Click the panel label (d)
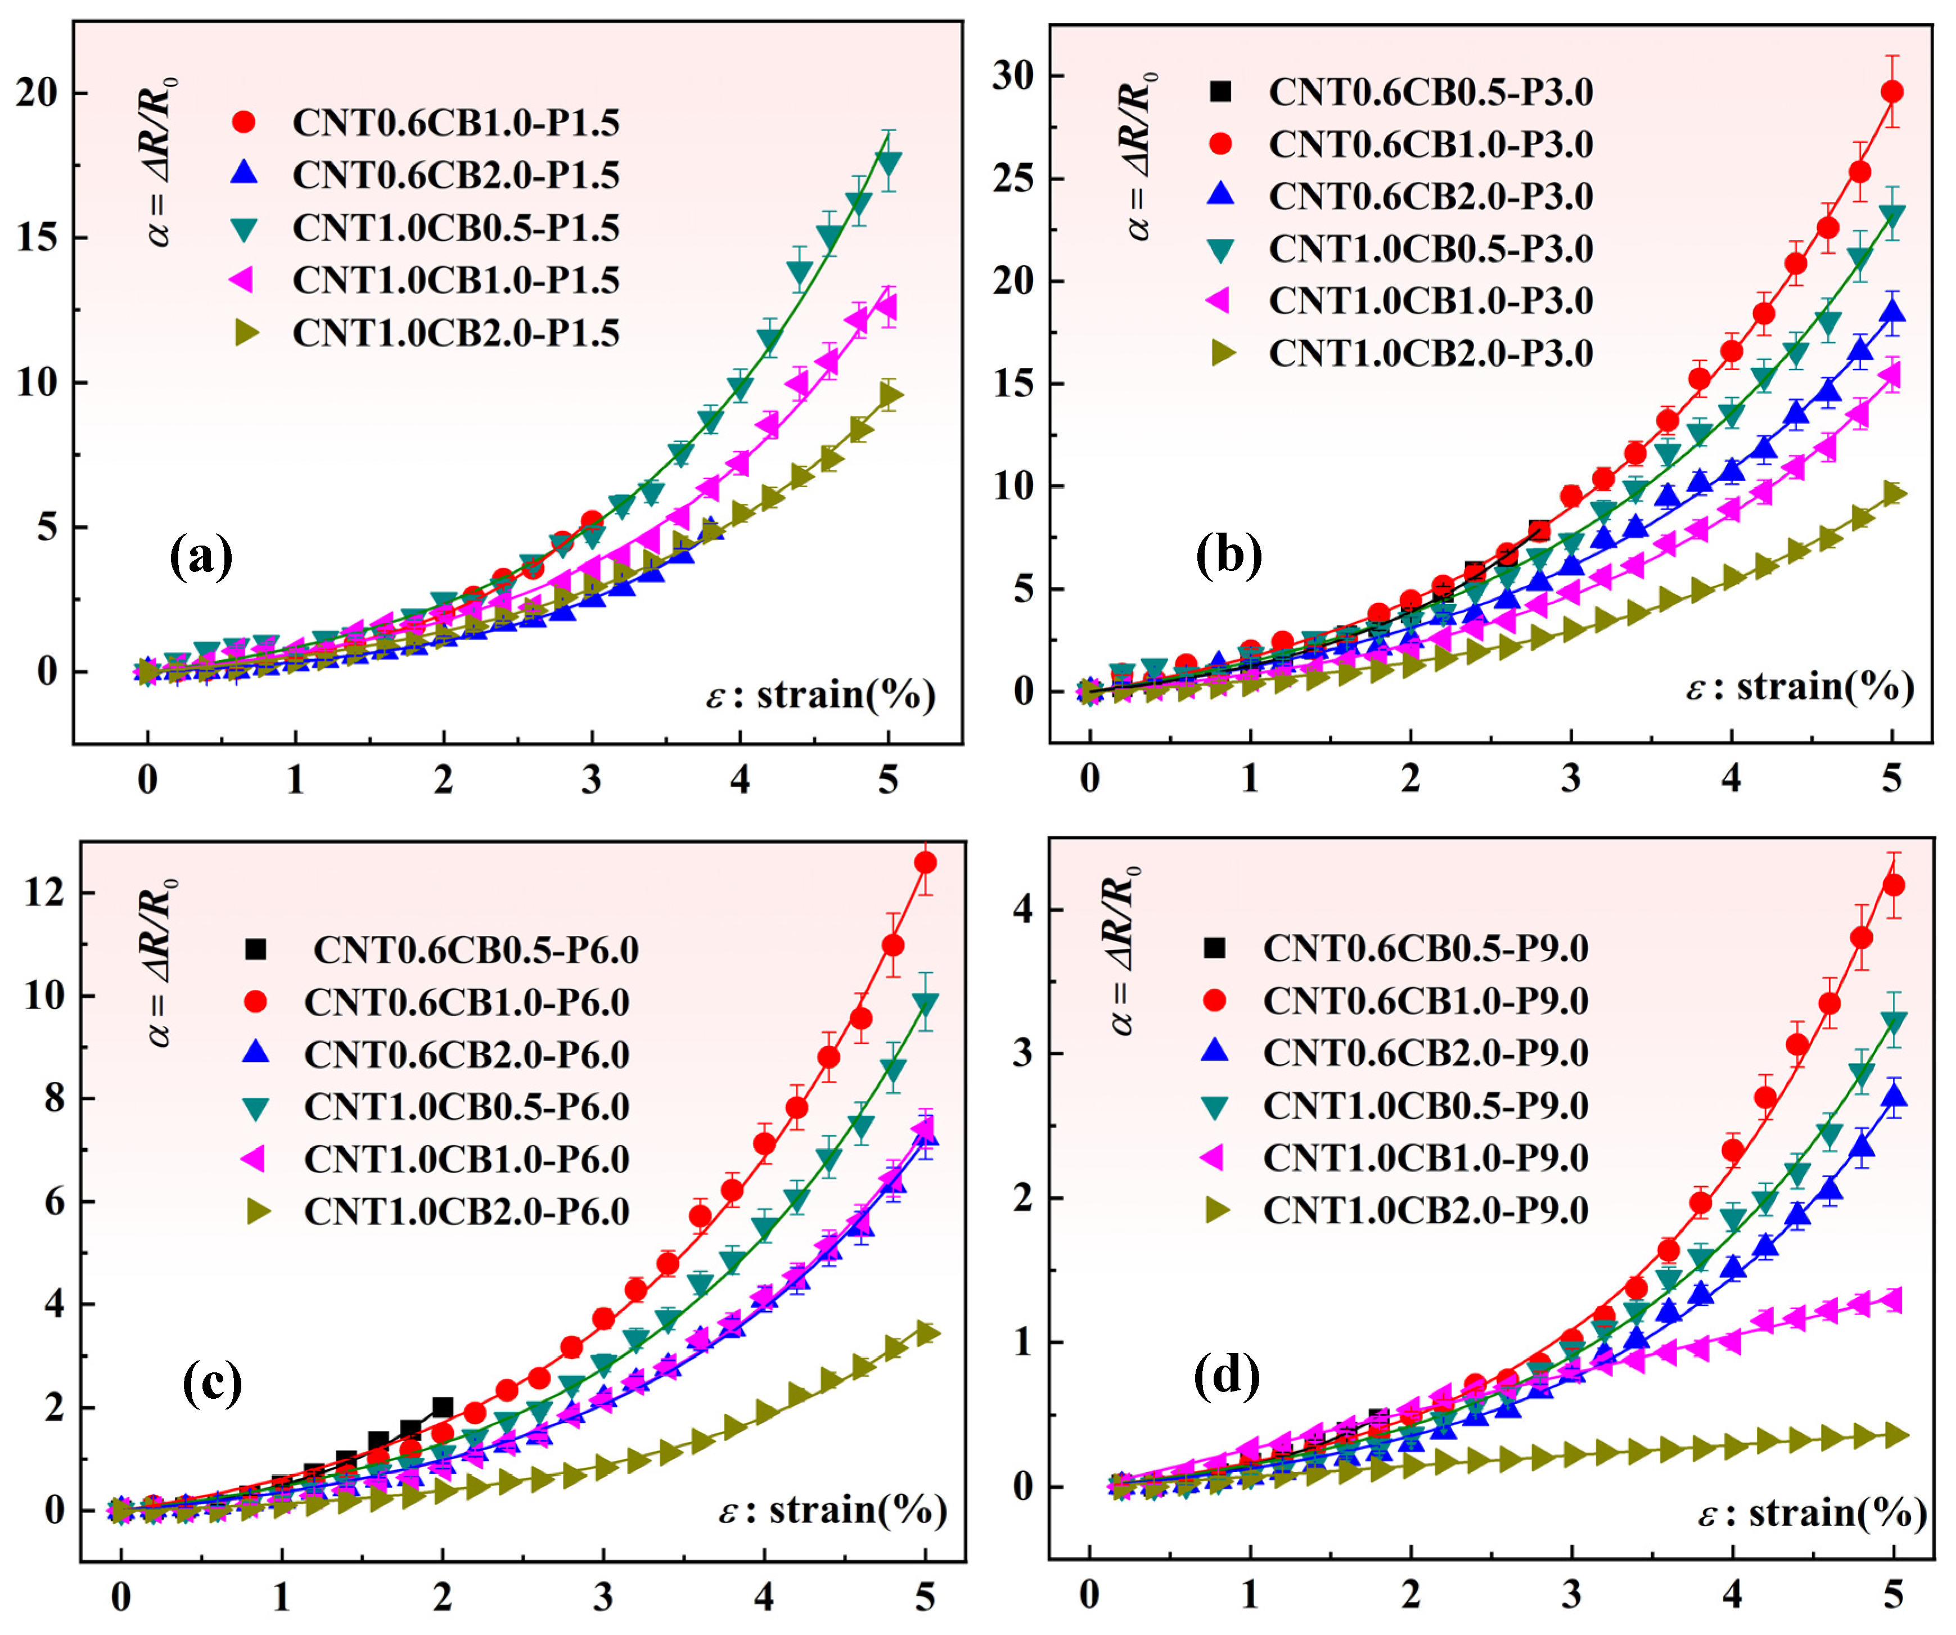(x=1226, y=1375)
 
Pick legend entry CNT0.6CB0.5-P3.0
(x=1430, y=92)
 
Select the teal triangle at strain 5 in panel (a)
(x=889, y=164)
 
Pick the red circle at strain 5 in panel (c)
(x=925, y=863)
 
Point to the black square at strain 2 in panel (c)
(x=443, y=1407)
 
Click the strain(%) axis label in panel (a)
(x=819, y=695)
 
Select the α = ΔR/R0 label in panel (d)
(x=1125, y=951)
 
